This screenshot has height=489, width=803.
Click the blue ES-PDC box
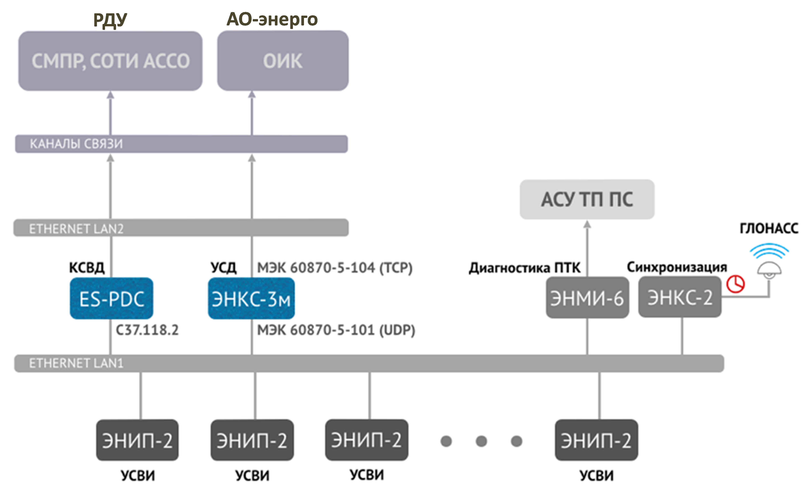[111, 298]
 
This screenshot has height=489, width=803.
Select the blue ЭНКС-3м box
[251, 298]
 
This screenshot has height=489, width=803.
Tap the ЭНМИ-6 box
[587, 298]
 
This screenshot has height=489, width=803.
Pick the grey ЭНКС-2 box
[680, 297]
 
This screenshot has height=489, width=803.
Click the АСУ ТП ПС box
[587, 199]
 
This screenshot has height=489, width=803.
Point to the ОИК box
[283, 61]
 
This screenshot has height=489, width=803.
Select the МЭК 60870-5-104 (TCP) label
[335, 268]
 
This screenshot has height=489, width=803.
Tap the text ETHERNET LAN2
[76, 229]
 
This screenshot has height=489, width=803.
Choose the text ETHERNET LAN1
[76, 363]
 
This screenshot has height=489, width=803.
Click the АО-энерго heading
[272, 19]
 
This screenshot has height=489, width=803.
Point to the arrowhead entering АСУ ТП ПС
[587, 224]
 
